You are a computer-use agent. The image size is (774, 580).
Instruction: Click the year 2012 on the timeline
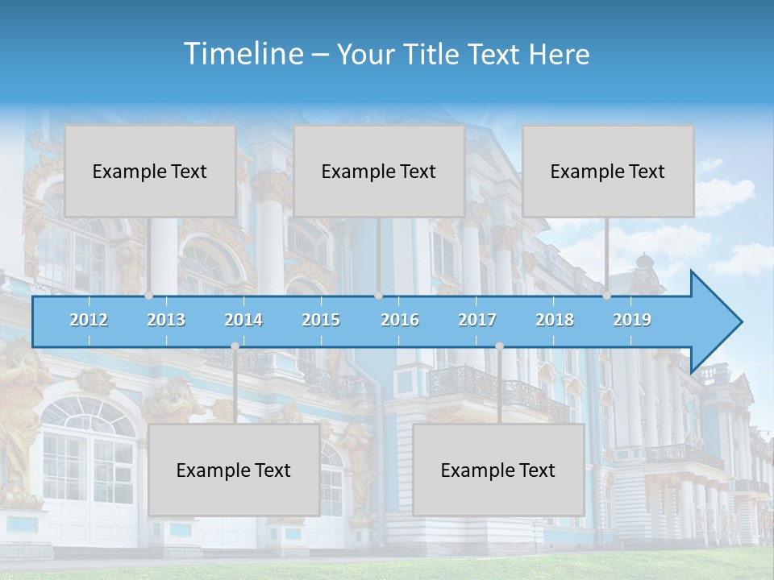point(89,320)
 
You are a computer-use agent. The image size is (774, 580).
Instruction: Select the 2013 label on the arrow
point(166,320)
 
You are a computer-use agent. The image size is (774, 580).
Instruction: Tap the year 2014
point(243,320)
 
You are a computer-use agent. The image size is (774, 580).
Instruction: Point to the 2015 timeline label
point(321,320)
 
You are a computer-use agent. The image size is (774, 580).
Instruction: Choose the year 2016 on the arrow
point(400,320)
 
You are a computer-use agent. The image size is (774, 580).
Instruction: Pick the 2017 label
point(477,320)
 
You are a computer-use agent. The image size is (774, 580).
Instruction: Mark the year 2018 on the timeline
point(555,320)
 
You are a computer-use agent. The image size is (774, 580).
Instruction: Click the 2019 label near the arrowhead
point(632,320)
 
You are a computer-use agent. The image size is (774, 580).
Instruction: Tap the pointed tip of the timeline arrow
point(739,322)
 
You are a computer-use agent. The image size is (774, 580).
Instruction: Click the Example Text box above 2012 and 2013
point(150,171)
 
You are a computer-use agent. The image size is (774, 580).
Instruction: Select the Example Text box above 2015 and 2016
point(379,171)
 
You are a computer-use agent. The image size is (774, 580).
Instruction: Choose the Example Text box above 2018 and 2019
point(608,171)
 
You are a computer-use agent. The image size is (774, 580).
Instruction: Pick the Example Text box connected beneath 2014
point(234,470)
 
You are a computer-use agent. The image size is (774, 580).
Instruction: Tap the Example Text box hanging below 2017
point(498,470)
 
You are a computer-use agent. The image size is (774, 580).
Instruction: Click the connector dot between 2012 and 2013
point(149,296)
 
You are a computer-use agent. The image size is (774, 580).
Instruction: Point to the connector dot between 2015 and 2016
point(379,296)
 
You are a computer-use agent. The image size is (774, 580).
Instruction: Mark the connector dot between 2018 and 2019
point(607,296)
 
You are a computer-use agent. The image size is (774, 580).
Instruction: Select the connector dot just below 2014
point(235,346)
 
